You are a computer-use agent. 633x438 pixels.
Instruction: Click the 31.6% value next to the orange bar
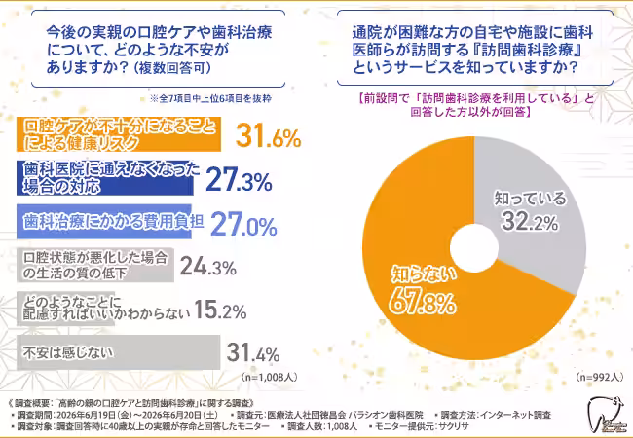pyautogui.click(x=268, y=135)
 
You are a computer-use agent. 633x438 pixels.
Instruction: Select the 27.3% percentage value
pyautogui.click(x=239, y=179)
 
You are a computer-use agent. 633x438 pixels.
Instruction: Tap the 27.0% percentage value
pyautogui.click(x=243, y=224)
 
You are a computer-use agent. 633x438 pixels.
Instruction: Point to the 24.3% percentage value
pyautogui.click(x=207, y=267)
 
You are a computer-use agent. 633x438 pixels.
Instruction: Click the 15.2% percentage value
pyautogui.click(x=220, y=310)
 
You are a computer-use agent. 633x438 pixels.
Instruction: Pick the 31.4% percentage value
pyautogui.click(x=253, y=352)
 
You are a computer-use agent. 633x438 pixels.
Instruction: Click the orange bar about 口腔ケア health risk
pyautogui.click(x=119, y=134)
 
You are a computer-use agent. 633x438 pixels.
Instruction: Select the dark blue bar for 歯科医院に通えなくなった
pyautogui.click(x=105, y=178)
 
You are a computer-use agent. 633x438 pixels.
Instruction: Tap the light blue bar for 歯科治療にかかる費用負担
pyautogui.click(x=104, y=221)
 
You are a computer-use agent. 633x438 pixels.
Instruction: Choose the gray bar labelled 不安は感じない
pyautogui.click(x=118, y=352)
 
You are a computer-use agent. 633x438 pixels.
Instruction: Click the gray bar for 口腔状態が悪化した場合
pyautogui.click(x=95, y=265)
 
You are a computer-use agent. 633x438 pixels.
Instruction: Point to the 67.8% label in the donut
pyautogui.click(x=423, y=304)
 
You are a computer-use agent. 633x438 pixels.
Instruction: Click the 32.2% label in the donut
pyautogui.click(x=530, y=221)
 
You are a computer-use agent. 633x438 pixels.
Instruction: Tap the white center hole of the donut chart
pyautogui.click(x=474, y=248)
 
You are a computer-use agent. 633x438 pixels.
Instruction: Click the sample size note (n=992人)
pyautogui.click(x=600, y=377)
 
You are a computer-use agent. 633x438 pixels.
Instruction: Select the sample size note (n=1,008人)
pyautogui.click(x=270, y=377)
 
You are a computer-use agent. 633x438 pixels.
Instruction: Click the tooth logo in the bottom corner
pyautogui.click(x=605, y=416)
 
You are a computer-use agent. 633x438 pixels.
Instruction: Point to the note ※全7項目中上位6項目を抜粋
pyautogui.click(x=210, y=99)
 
